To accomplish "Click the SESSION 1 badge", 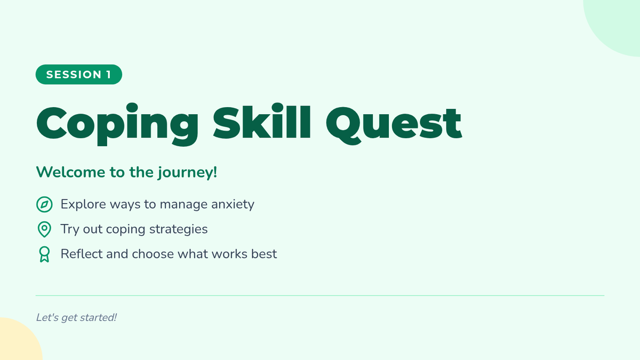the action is [79, 75].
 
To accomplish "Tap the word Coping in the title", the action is [117, 125].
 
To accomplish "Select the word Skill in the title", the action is [262, 122].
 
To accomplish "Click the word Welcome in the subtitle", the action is [70, 172].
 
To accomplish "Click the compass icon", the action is [44, 205].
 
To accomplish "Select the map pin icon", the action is [44, 229].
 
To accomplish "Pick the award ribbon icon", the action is [44, 254].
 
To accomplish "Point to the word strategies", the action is [179, 229].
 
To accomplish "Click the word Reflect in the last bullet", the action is [82, 254].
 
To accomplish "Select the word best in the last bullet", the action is [264, 254].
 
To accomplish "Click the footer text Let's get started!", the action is [76, 318].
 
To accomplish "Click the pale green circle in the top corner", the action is [617, 23].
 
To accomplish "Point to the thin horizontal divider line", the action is [320, 295].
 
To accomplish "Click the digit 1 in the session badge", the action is [109, 75].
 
